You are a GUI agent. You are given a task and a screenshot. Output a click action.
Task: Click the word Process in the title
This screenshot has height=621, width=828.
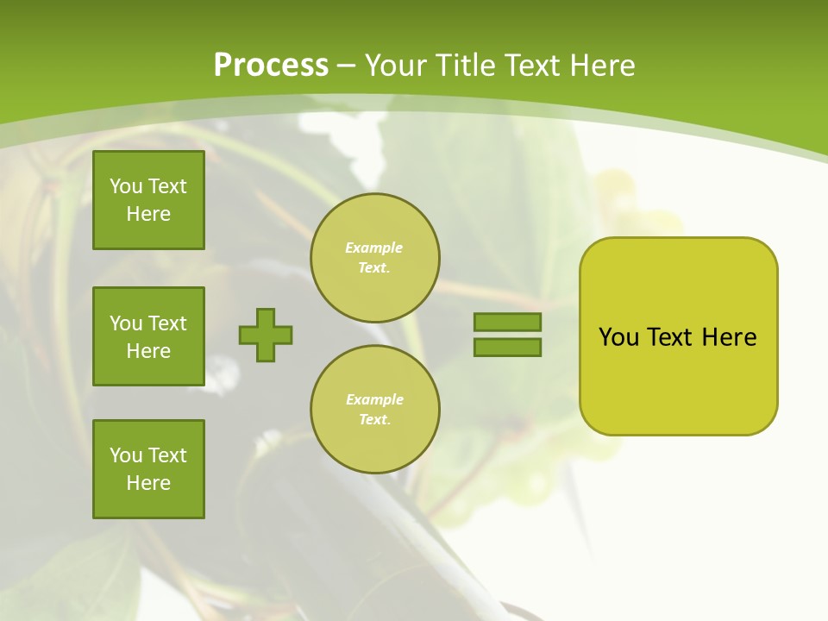click(x=271, y=66)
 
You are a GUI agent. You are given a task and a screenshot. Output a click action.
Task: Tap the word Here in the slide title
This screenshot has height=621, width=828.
click(x=602, y=66)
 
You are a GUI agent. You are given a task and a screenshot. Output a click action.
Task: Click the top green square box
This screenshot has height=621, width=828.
click(x=148, y=200)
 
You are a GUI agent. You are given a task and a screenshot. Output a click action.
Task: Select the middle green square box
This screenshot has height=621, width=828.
click(x=148, y=336)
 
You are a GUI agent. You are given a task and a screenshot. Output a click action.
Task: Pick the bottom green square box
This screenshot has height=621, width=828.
click(x=148, y=469)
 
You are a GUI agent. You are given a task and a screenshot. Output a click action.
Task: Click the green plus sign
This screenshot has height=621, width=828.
click(x=266, y=335)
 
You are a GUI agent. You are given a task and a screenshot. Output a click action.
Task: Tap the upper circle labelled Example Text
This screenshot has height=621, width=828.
click(x=375, y=258)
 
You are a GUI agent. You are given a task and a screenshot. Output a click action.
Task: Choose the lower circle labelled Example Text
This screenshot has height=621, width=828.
click(x=375, y=410)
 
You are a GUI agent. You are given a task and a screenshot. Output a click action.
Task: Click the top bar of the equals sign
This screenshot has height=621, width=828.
click(x=507, y=323)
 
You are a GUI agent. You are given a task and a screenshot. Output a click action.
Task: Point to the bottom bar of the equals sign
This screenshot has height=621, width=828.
click(x=507, y=348)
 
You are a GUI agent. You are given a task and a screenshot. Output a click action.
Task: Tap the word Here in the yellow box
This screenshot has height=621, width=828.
click(x=729, y=337)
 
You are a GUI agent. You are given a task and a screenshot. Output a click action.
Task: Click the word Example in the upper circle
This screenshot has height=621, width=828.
click(x=374, y=248)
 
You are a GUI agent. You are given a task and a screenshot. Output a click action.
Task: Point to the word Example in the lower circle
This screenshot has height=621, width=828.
click(x=374, y=400)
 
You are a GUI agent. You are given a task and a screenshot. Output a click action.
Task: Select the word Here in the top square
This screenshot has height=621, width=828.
click(x=148, y=214)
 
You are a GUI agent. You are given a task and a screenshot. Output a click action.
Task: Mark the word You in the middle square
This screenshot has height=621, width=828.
click(x=126, y=323)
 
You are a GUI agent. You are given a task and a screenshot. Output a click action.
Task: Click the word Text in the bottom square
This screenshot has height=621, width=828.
click(x=167, y=455)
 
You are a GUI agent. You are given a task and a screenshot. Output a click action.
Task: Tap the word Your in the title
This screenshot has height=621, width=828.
click(x=397, y=66)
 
